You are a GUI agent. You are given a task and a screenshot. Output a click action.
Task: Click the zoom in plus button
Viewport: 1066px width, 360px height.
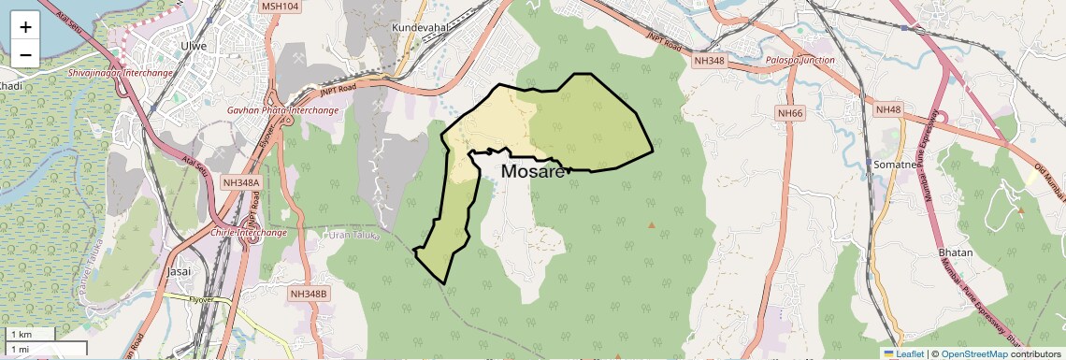coord(25,27)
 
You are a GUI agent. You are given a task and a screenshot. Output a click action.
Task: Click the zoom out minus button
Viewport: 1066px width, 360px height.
coord(25,55)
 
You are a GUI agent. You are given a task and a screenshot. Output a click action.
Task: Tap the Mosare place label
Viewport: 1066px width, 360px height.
coord(533,172)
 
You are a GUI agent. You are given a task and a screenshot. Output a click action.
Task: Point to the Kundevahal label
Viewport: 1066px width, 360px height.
coord(421,29)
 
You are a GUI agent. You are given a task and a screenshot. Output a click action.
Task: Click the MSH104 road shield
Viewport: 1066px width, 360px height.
coord(280,6)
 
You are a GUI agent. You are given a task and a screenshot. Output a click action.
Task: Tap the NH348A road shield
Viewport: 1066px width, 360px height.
coord(240,182)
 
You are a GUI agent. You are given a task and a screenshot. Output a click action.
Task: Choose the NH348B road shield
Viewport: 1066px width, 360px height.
coord(309,294)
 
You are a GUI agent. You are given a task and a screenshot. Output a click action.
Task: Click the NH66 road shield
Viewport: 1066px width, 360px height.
coord(790,113)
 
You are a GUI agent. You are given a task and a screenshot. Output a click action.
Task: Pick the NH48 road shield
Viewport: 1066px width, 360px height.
coord(887,109)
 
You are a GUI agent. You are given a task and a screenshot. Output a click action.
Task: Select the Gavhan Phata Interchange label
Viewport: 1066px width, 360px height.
coord(282,110)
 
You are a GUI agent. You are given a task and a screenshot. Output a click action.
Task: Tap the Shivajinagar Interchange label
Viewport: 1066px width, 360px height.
coord(121,72)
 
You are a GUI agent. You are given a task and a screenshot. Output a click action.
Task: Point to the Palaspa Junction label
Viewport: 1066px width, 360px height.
coord(799,60)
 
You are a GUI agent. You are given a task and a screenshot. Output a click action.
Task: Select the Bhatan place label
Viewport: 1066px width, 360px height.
coord(956,252)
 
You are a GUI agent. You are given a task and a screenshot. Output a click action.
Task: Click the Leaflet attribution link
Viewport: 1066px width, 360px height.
coord(903,353)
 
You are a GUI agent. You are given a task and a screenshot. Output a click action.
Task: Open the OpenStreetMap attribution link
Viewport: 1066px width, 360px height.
coord(974,353)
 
